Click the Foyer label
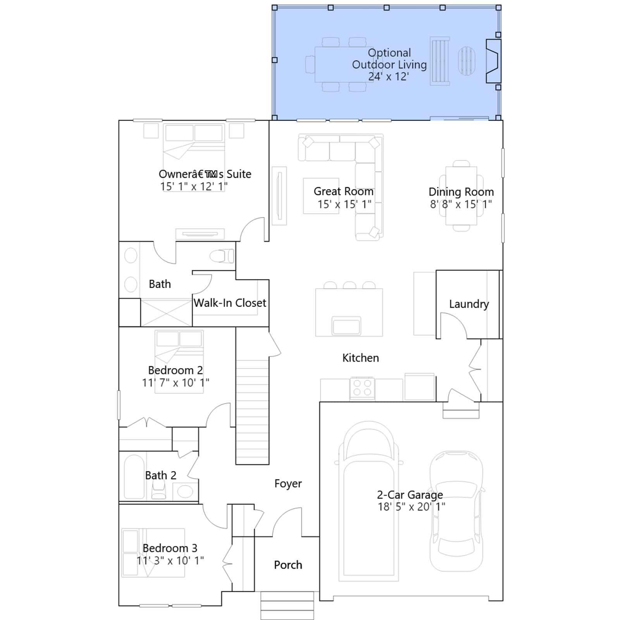pos(288,484)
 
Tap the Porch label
pos(288,565)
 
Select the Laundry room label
pos(469,304)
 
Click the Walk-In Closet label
pos(230,303)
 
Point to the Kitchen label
pos(361,358)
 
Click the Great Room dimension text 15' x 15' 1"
pos(344,204)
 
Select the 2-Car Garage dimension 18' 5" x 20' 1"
pos(412,506)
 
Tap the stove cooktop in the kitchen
pos(362,388)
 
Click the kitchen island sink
pos(346,325)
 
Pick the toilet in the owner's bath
pos(222,256)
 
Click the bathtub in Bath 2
pos(134,477)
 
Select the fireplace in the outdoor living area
pos(493,61)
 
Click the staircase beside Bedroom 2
pos(252,412)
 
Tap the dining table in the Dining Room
pos(461,196)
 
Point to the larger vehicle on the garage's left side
pos(369,501)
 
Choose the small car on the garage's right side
pos(456,511)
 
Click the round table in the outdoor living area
pos(467,61)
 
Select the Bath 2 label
pos(161,475)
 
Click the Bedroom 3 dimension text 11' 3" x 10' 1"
pos(170,561)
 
